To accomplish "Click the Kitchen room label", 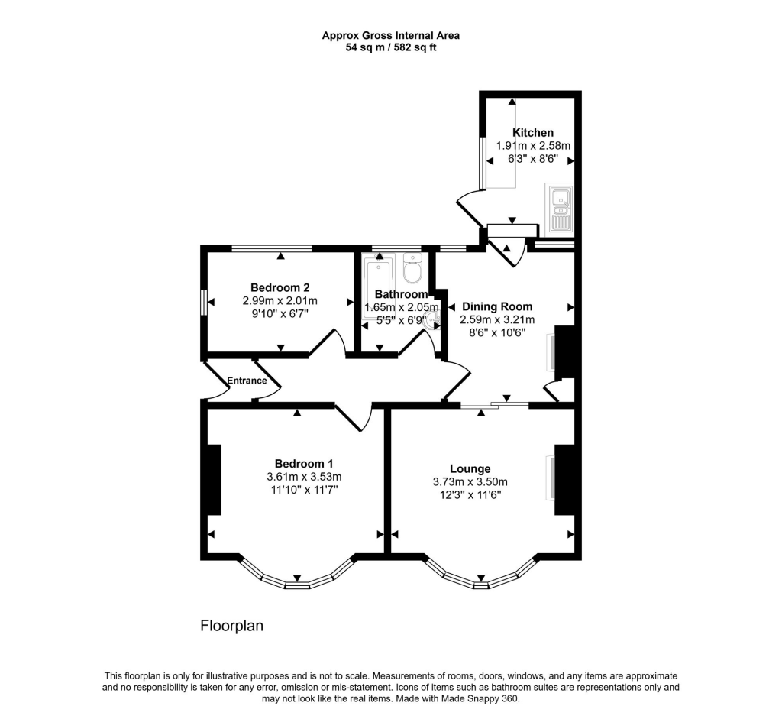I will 533,132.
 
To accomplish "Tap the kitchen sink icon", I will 559,208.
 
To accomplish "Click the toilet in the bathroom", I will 412,269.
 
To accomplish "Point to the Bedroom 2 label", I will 280,287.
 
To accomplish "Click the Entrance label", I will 247,381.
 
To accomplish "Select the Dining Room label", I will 496,306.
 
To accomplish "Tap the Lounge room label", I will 470,468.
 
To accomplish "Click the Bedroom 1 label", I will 304,463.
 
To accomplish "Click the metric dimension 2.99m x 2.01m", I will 280,300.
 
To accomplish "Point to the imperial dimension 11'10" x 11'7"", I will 304,490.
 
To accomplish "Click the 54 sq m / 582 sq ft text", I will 391,47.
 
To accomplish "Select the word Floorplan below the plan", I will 231,626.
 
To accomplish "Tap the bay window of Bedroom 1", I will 297,579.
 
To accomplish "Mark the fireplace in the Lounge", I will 564,479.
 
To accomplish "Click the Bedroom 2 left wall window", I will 204,301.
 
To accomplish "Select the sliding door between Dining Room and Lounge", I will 494,404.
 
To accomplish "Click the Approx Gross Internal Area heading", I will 391,34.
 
